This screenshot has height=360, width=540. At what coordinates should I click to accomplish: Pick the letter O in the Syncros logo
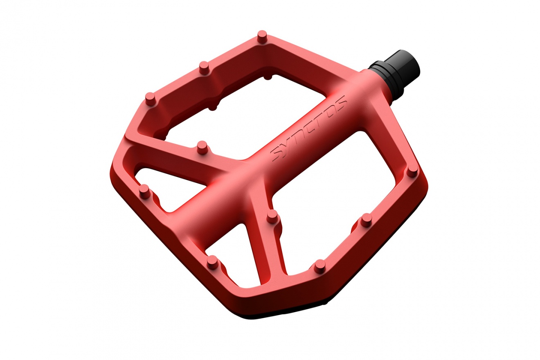[330, 112]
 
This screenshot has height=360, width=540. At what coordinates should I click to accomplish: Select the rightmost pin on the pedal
[414, 171]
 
